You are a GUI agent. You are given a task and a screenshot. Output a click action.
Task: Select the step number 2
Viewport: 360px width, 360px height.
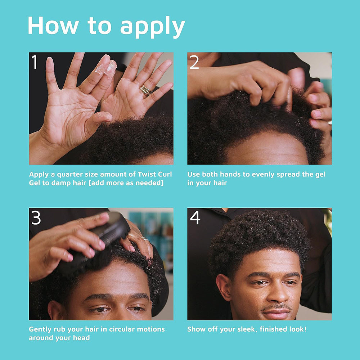[194, 62]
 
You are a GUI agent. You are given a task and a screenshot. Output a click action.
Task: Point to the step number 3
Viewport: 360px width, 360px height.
[36, 218]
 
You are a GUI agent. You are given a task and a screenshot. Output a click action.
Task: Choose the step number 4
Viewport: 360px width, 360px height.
[195, 218]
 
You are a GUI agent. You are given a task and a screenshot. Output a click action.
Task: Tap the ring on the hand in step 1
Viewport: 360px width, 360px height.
[146, 90]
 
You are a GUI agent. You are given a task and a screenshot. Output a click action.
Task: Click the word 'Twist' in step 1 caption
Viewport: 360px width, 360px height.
[147, 175]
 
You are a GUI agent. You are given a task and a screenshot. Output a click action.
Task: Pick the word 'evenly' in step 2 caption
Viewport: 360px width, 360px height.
[257, 175]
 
